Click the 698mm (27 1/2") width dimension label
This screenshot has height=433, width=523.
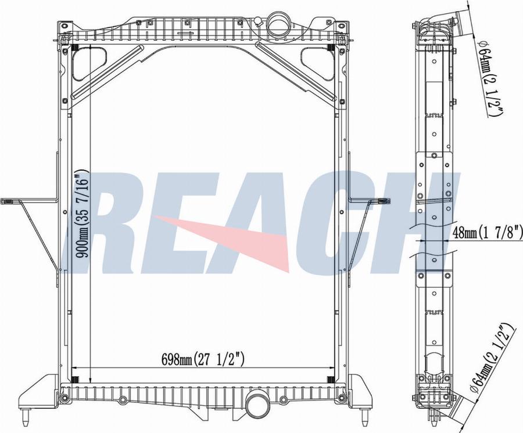(x=202, y=359)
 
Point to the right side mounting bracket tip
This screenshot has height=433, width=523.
(x=384, y=200)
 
